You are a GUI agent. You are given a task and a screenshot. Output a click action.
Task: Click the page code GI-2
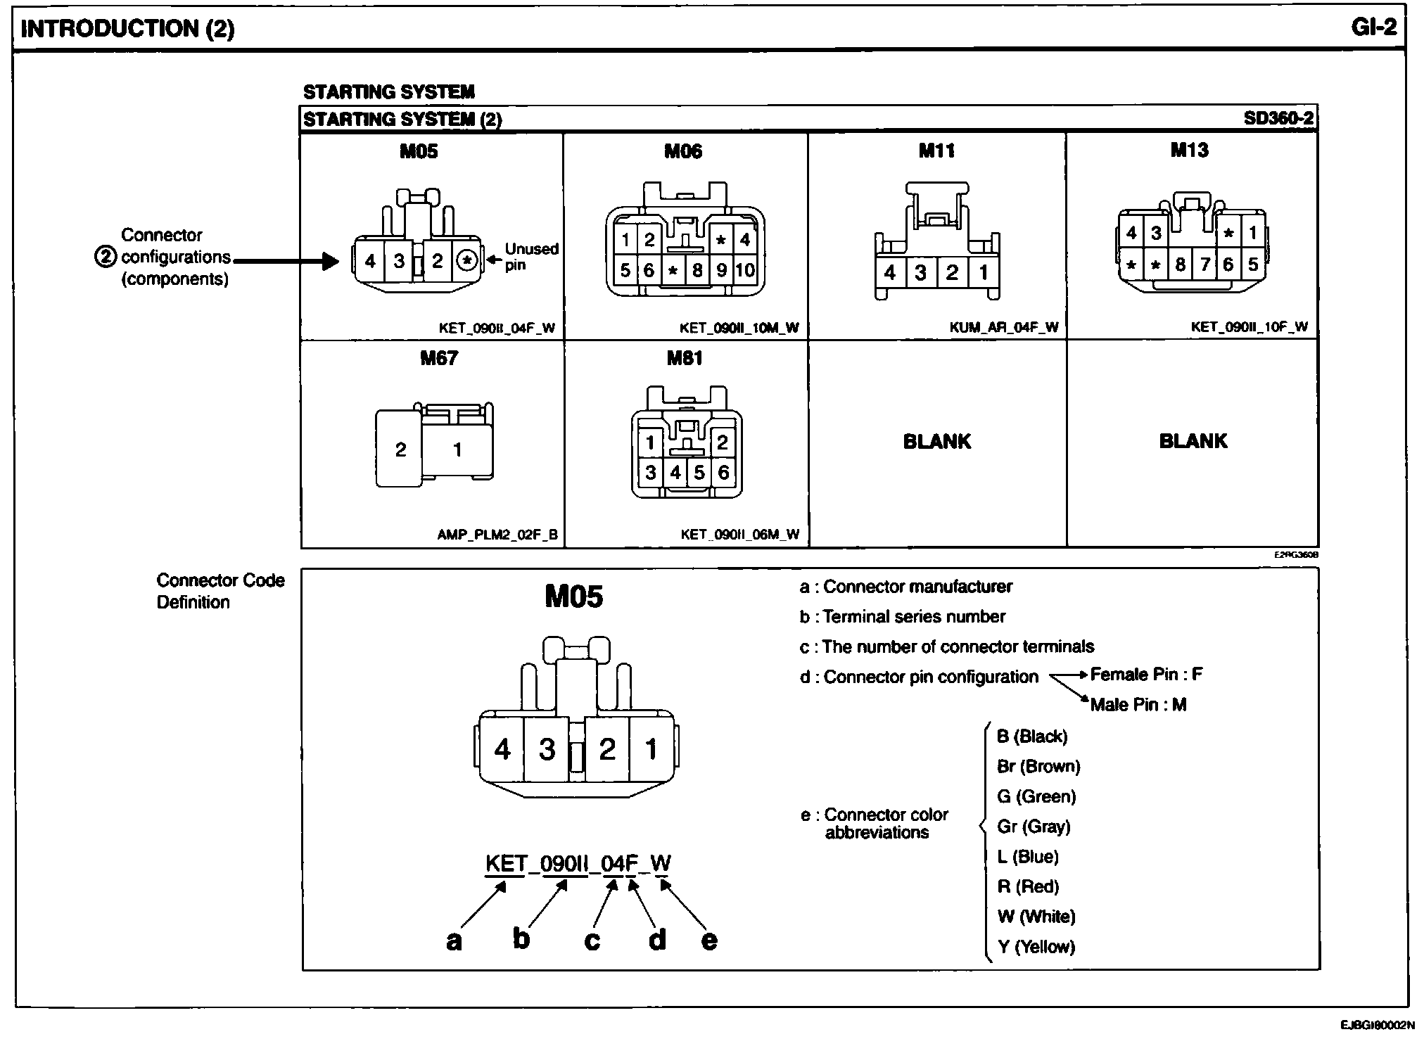pos(1373,27)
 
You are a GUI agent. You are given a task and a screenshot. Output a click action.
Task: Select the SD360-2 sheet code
pos(1278,118)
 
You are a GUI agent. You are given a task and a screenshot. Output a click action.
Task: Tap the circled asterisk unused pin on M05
pos(466,261)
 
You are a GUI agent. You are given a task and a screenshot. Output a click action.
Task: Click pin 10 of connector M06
pos(744,270)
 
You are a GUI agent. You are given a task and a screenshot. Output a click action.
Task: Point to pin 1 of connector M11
pos(983,272)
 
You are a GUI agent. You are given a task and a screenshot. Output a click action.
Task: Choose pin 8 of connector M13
pos(1180,264)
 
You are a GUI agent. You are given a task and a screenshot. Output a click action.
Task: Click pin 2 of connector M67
pos(400,450)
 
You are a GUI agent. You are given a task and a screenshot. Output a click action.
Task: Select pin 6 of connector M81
pos(723,472)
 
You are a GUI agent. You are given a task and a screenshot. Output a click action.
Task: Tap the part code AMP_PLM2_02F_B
pos(497,535)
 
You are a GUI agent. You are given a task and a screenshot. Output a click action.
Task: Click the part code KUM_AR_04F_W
pos(1003,327)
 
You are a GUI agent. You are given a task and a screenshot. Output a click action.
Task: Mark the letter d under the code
pos(656,940)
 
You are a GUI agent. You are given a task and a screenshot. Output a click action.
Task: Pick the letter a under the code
pos(454,941)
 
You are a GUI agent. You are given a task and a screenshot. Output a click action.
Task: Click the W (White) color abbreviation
pos(1036,917)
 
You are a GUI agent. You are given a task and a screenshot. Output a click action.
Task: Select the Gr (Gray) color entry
pos(1034,827)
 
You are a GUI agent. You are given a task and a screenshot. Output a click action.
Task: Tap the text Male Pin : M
pos(1138,705)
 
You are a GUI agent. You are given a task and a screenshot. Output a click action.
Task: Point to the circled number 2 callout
pos(104,257)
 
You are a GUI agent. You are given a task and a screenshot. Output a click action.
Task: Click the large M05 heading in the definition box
pos(573,597)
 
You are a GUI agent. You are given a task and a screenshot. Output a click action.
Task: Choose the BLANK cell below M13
pos(1193,441)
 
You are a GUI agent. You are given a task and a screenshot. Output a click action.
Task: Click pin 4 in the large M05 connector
pos(502,749)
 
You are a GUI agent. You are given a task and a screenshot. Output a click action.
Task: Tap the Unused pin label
pos(531,257)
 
